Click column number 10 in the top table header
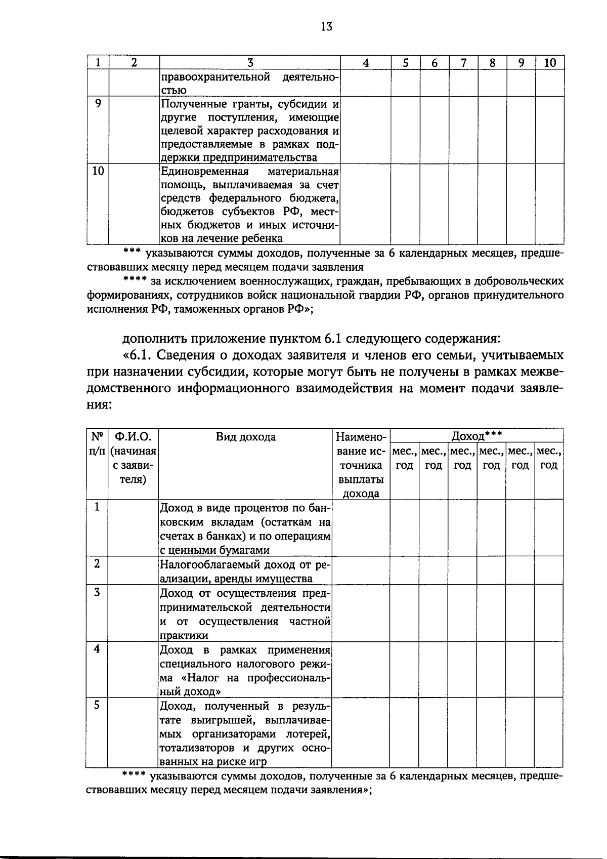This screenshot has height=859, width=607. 550,63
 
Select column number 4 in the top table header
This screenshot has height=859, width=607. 366,63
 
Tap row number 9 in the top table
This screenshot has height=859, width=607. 98,104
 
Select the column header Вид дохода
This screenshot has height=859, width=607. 246,437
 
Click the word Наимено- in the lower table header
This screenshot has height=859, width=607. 361,437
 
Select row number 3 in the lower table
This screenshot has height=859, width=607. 97,592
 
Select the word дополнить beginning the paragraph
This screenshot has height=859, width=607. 151,338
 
